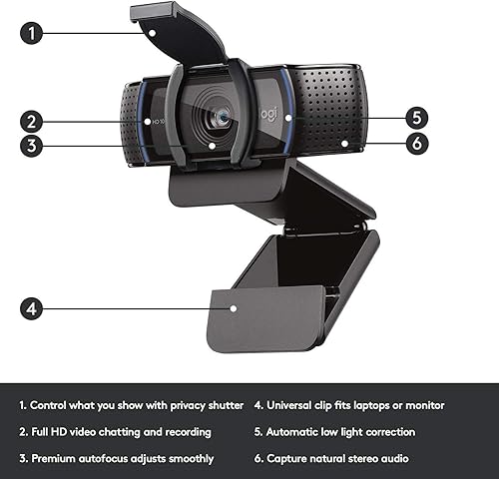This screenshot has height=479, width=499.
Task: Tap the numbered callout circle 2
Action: click(33, 123)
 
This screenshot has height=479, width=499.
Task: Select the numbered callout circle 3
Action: click(33, 146)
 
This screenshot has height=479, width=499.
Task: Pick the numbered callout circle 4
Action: click(33, 308)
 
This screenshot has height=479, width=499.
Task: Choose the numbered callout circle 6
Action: click(417, 143)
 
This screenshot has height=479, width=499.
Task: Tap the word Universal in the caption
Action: click(295, 406)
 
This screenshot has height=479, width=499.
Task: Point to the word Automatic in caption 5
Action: click(300, 432)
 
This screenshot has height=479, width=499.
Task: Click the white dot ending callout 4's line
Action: click(234, 308)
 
